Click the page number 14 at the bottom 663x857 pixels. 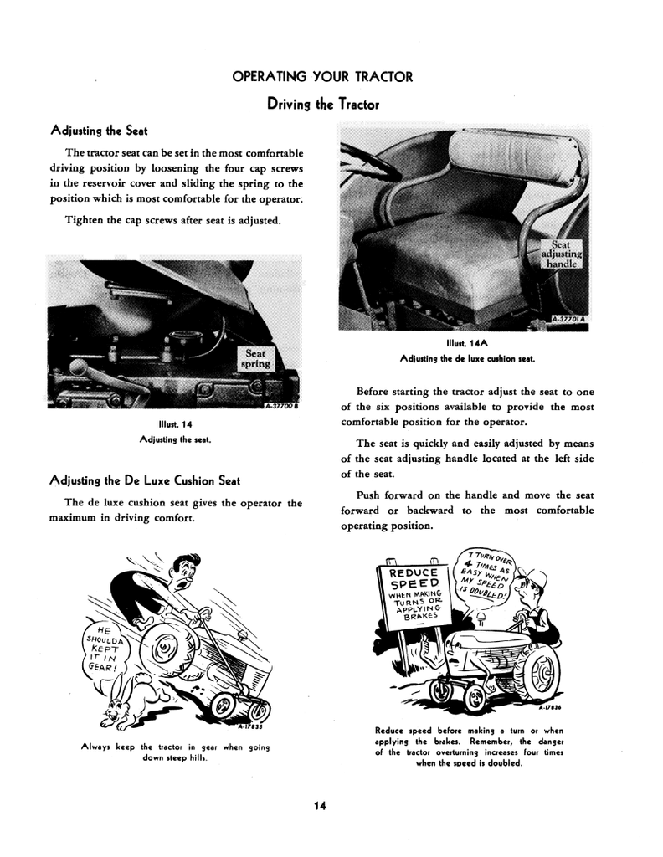point(319,806)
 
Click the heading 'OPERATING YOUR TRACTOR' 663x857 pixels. point(322,77)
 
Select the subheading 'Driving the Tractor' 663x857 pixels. point(322,105)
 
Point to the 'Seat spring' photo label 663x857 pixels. point(255,358)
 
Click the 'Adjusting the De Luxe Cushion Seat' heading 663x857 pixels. point(145,480)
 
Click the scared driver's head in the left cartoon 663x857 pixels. point(182,572)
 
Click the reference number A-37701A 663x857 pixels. point(571,319)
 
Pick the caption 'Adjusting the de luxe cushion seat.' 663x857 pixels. point(466,358)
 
